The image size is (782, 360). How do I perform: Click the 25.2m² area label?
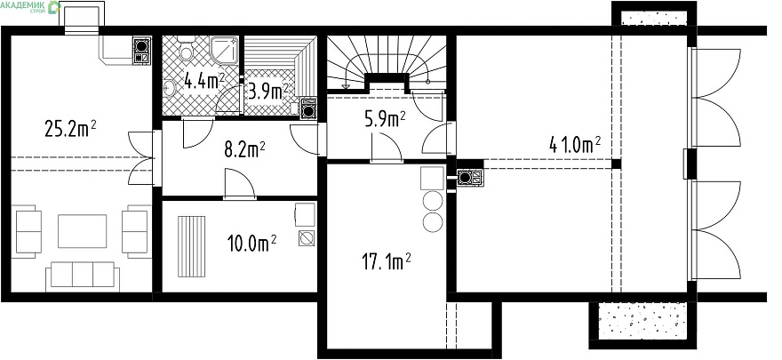70,129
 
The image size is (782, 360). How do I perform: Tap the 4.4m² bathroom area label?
204,80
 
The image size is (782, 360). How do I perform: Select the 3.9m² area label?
268,92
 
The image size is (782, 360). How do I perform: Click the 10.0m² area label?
251,244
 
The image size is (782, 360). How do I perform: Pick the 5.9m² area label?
385,120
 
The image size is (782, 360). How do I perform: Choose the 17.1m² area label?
386,260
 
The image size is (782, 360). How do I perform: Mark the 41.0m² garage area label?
575,146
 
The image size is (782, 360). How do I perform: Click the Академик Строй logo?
31,6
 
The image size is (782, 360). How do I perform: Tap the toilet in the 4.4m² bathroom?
187,49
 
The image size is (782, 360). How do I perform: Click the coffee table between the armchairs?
83,231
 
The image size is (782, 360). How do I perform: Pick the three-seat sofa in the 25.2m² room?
83,276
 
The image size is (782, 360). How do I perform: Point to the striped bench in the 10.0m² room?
192,246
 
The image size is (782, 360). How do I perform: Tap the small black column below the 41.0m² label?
617,164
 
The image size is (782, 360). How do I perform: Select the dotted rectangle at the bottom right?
642,321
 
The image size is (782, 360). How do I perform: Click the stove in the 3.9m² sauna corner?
308,108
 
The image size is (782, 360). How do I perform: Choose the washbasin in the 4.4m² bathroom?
169,87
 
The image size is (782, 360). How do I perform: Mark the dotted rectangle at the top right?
654,18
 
